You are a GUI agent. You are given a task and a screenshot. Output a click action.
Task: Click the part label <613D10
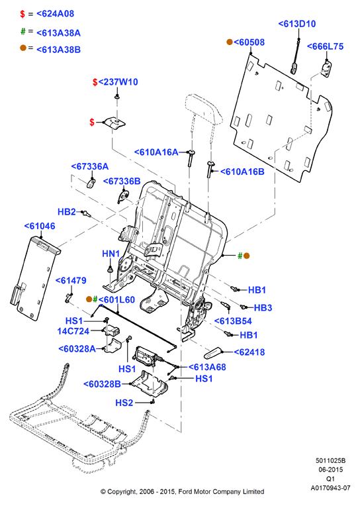tap(297, 24)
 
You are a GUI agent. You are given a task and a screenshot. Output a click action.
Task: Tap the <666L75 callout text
tap(325, 46)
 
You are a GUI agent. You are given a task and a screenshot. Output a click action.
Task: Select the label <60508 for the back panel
tap(249, 42)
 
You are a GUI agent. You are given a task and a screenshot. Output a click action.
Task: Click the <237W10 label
tap(118, 82)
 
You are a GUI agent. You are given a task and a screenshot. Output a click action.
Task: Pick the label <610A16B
tap(242, 172)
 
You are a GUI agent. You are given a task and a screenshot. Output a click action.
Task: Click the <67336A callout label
tap(90, 166)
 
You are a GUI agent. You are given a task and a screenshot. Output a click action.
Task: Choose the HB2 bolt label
tap(66, 212)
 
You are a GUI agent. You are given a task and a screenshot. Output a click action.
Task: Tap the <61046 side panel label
tap(40, 227)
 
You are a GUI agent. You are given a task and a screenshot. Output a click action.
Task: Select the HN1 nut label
tap(111, 254)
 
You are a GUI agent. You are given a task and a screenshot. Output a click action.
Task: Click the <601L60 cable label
tap(116, 300)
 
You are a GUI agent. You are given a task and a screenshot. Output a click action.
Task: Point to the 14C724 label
tap(73, 331)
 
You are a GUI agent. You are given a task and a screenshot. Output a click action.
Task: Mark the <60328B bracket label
tap(103, 384)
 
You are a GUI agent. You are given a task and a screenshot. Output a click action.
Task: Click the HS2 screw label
tap(124, 403)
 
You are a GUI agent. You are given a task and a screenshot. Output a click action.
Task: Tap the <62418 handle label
tap(249, 352)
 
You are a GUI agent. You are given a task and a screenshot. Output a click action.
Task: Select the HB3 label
tap(263, 308)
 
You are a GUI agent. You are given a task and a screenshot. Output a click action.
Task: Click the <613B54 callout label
tap(233, 321)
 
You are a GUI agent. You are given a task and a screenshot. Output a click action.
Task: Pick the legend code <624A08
tap(55, 14)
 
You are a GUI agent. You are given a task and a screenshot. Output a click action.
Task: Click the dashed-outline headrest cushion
tap(204, 108)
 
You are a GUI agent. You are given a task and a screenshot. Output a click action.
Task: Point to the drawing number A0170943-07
tap(330, 487)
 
